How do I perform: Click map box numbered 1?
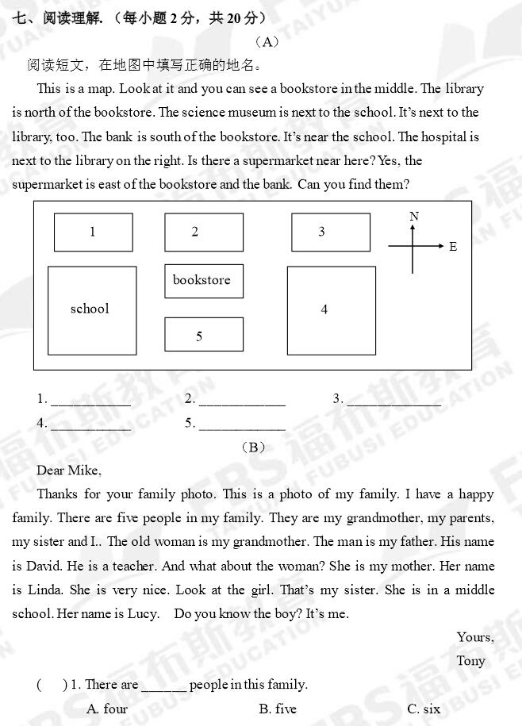pos(93,232)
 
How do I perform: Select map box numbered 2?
pos(204,232)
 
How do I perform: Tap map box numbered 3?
pos(331,232)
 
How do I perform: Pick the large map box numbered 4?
pos(331,310)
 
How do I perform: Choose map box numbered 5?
pos(204,335)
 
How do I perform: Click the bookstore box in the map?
pos(204,281)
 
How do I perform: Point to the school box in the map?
pos(92,310)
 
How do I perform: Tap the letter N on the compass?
pos(414,217)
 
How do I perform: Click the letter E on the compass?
pos(453,247)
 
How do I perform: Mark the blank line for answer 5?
pos(242,425)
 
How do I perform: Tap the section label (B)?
pos(252,448)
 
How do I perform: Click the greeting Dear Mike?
pos(69,471)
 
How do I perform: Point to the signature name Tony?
pos(470,661)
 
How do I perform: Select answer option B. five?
pos(278,709)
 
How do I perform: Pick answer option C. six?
pos(423,709)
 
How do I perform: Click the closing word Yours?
pos(474,637)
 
